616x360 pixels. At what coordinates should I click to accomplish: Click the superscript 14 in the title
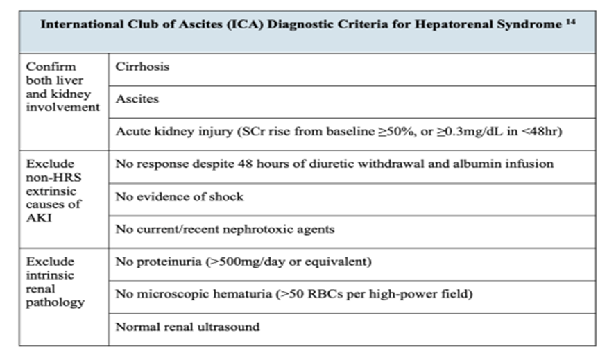point(566,22)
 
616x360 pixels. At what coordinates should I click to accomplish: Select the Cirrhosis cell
point(142,67)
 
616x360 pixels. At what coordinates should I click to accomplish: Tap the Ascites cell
point(137,99)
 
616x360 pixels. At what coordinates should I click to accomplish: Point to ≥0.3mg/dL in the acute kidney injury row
point(445,132)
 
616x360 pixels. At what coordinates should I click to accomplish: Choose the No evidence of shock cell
point(180,197)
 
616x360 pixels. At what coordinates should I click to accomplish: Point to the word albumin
point(484,164)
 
